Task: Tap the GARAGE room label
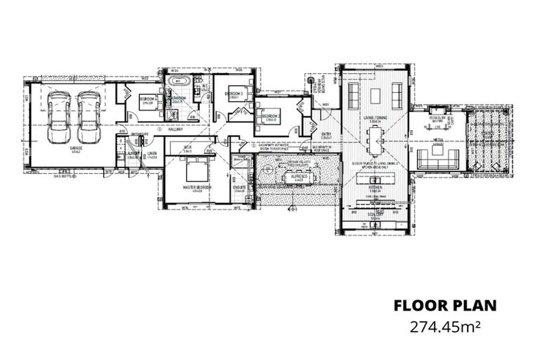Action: [75, 149]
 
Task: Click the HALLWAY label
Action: [175, 129]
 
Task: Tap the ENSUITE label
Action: [239, 187]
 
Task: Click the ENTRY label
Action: [326, 135]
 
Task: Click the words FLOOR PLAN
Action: [445, 305]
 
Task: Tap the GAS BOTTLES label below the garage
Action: [67, 177]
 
